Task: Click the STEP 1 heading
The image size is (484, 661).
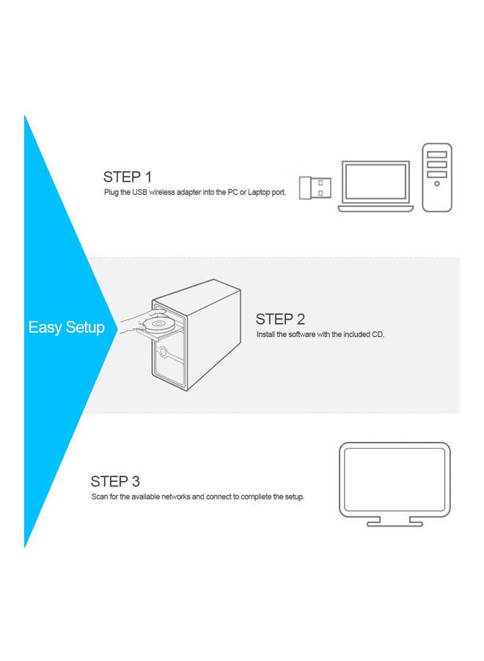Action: point(128,177)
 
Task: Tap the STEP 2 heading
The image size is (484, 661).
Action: point(280,319)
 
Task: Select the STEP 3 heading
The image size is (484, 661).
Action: point(115,482)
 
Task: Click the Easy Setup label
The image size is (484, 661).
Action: point(66,328)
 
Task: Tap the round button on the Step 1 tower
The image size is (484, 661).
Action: point(437,184)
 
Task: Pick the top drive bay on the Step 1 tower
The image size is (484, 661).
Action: point(437,154)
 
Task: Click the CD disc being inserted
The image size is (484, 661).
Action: point(157,323)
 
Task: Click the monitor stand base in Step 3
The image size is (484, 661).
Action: point(395,523)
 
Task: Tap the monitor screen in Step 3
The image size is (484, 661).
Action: point(395,478)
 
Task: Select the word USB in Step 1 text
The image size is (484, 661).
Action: point(139,192)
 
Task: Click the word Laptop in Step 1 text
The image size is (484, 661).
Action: point(262,192)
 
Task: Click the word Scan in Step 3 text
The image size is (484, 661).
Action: point(99,496)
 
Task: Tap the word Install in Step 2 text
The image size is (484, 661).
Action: point(265,334)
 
